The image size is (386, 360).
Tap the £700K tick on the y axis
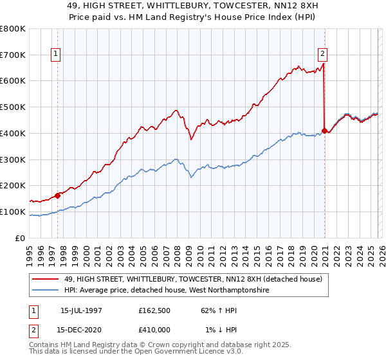[13, 55]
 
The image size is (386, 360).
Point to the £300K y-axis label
[13, 159]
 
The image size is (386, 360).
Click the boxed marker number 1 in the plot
[57, 55]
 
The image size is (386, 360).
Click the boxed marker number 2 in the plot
[322, 55]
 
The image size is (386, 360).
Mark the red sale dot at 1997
[58, 195]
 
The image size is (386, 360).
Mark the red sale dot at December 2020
[324, 130]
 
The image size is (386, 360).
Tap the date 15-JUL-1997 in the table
[81, 310]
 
